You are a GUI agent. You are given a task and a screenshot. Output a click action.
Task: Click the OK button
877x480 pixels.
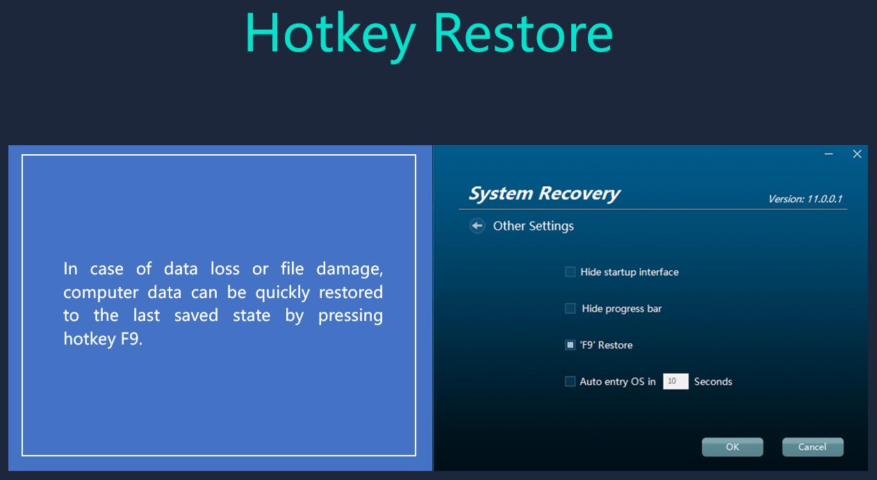coord(732,447)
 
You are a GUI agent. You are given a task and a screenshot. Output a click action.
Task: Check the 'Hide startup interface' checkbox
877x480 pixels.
coord(570,272)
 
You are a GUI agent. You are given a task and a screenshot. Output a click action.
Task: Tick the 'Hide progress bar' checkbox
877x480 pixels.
coord(570,308)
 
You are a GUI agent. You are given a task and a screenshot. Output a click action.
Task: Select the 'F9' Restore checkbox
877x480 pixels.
coord(570,345)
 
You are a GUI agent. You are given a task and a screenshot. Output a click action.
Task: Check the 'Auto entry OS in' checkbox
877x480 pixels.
coord(570,381)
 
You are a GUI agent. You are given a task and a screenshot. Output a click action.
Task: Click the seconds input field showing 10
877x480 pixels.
coord(675,381)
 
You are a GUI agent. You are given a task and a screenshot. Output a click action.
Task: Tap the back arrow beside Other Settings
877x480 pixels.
coord(477,226)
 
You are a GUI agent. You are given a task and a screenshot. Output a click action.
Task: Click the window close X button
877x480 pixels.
coord(857,154)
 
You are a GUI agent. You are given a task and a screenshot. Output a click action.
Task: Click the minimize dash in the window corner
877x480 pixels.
coord(828,154)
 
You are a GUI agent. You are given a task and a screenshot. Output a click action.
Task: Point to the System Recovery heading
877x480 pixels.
coord(544,194)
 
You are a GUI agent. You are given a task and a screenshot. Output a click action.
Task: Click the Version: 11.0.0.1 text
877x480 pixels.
coord(805,199)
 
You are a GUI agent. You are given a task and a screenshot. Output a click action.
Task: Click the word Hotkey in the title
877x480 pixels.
coord(331,36)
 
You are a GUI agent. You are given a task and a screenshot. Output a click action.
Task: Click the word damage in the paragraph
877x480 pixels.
coord(350,270)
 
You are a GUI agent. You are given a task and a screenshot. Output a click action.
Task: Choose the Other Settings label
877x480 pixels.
coord(533,226)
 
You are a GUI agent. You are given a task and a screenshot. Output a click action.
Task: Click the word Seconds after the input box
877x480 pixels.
coord(713,382)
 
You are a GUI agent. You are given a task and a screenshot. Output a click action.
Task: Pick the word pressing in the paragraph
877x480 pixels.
coord(350,316)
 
